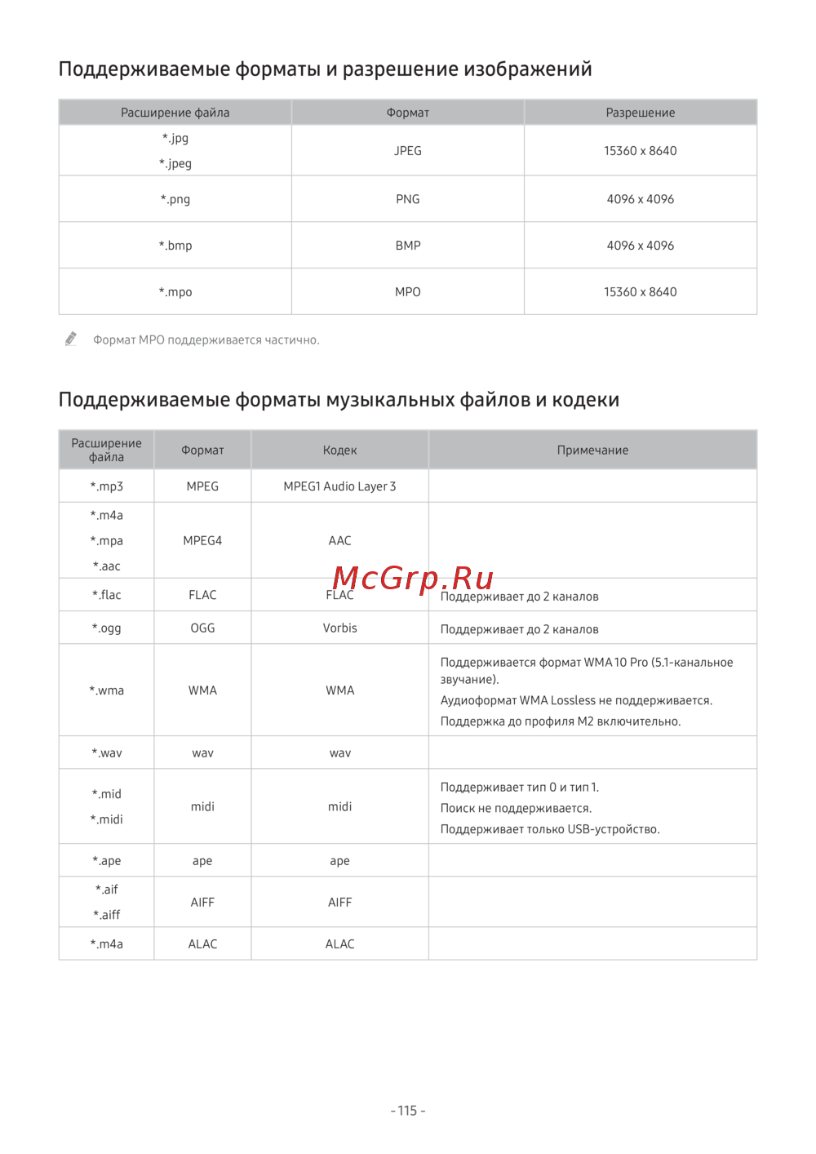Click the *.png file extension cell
[x=175, y=199]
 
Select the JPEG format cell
[x=408, y=151]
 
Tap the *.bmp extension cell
[x=175, y=246]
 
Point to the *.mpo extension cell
[x=175, y=292]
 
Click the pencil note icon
[x=71, y=339]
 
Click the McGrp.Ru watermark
[x=413, y=578]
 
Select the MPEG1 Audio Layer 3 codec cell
[x=339, y=486]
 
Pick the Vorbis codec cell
[x=339, y=628]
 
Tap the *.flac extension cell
[x=107, y=595]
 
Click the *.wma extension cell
[x=107, y=690]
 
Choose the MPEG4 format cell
[x=202, y=540]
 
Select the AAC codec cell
[x=339, y=540]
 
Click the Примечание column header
[x=592, y=451]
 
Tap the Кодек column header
[x=339, y=451]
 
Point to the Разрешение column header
[x=641, y=113]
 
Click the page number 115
[x=408, y=1111]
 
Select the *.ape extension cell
[x=107, y=861]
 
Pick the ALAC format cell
[x=202, y=944]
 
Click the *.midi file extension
[x=107, y=819]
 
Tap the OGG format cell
[x=202, y=628]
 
